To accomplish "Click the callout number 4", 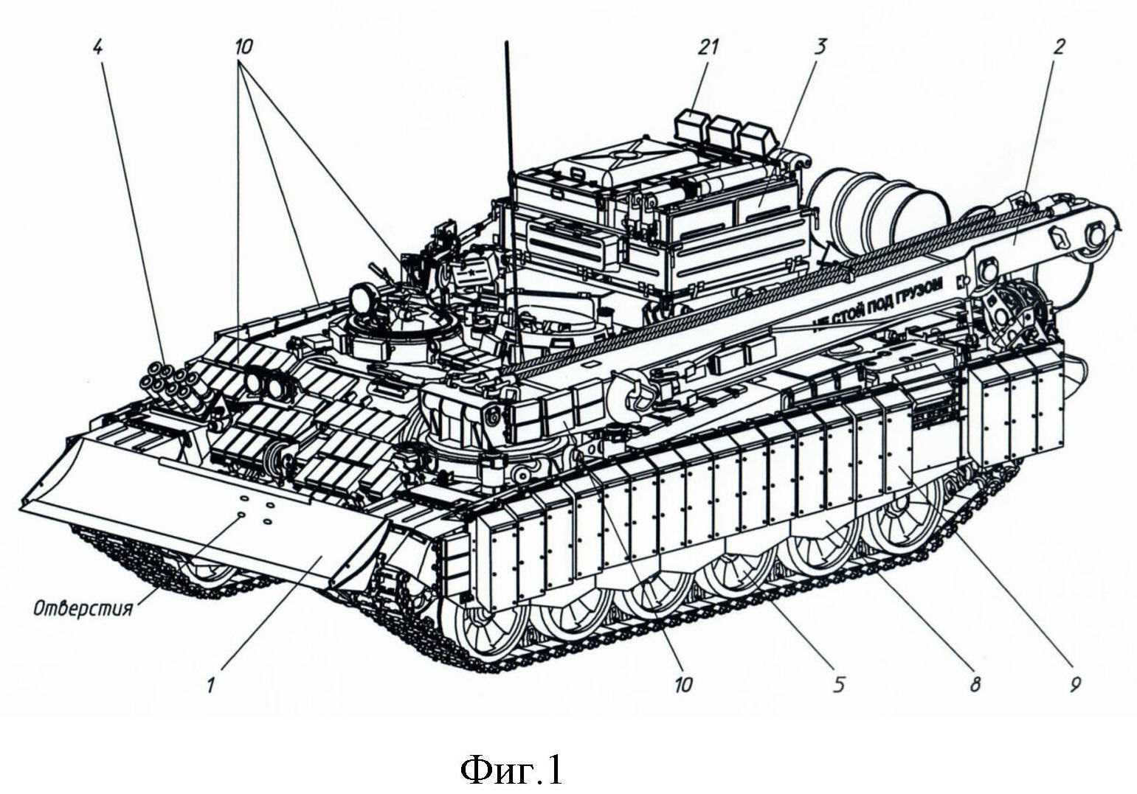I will (98, 47).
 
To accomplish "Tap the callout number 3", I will (820, 47).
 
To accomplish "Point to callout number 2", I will (1059, 47).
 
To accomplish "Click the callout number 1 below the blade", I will (210, 686).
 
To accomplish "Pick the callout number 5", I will (838, 685).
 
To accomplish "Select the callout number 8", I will (975, 685).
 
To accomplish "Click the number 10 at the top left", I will (243, 47).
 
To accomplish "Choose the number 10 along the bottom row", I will (683, 685).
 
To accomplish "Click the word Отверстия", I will (83, 608).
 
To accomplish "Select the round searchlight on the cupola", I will (362, 299).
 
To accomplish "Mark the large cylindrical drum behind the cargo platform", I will (878, 206).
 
